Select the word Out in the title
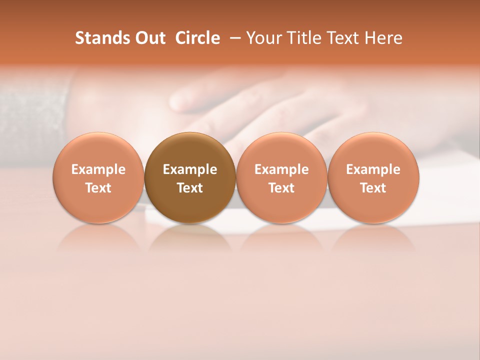(x=149, y=38)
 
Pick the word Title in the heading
(x=305, y=38)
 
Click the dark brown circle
(x=190, y=177)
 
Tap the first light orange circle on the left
(x=98, y=177)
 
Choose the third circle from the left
(x=281, y=177)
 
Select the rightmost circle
(x=373, y=177)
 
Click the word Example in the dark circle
(x=190, y=169)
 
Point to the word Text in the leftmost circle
(x=98, y=188)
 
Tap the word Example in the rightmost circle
(x=373, y=169)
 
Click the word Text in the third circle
(x=281, y=188)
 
